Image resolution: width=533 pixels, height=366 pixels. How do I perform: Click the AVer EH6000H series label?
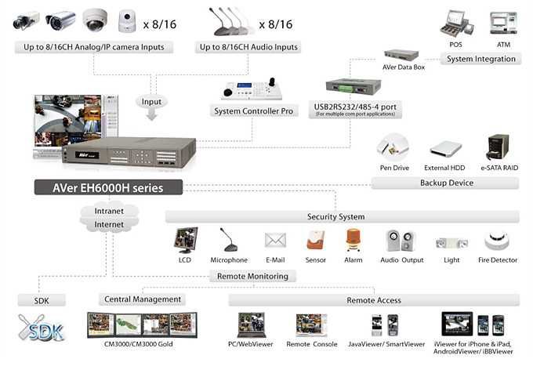[107, 187]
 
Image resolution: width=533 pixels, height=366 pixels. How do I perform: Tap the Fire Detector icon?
[495, 241]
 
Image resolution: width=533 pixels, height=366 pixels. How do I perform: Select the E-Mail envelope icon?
[274, 240]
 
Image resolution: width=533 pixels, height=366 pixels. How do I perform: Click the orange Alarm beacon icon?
[353, 240]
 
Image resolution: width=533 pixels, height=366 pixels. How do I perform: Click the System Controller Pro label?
[255, 111]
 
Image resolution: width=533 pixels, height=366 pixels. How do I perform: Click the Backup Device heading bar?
[444, 183]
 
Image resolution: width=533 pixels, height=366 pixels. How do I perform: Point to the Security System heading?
[335, 216]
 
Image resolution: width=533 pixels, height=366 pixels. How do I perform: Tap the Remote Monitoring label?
[250, 276]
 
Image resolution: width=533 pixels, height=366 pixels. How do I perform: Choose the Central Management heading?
[143, 299]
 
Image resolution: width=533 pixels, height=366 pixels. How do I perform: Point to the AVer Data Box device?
[404, 56]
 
